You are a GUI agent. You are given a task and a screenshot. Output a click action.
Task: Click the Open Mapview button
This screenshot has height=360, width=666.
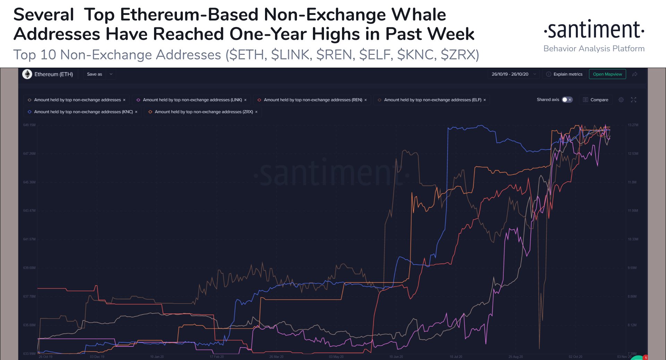(x=607, y=74)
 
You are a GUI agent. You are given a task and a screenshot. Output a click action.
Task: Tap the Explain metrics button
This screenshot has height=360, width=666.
(x=564, y=74)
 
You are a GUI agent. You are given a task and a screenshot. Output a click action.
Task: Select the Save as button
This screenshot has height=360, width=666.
(x=94, y=74)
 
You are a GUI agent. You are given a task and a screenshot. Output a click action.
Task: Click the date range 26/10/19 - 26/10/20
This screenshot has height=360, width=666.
(x=510, y=74)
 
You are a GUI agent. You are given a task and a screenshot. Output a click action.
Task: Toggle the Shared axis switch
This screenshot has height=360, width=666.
(x=567, y=100)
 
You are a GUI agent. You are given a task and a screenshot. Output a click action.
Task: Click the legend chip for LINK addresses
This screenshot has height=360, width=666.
(x=192, y=100)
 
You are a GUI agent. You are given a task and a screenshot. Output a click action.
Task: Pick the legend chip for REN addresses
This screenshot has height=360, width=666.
(x=312, y=100)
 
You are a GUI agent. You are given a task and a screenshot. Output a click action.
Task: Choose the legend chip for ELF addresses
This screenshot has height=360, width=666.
(x=432, y=100)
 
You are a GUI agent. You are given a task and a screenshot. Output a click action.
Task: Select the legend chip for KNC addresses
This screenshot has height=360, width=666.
(x=83, y=112)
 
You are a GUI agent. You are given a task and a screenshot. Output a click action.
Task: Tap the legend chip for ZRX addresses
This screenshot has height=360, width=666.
(x=203, y=112)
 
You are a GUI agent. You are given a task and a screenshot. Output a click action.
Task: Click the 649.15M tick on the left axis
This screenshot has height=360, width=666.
(x=29, y=125)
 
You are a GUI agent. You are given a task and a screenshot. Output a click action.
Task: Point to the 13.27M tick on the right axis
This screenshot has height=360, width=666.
(x=633, y=125)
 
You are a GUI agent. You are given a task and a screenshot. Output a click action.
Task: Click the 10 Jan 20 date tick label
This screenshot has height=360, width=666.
(x=157, y=357)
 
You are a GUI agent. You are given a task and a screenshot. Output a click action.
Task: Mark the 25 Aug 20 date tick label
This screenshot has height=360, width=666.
(x=515, y=357)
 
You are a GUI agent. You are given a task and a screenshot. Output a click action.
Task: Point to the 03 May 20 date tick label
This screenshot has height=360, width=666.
(x=336, y=357)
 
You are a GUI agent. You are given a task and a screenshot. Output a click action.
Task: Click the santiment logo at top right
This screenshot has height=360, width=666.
(x=594, y=30)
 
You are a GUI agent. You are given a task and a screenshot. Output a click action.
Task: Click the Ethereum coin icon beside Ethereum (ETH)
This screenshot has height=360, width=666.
(x=27, y=74)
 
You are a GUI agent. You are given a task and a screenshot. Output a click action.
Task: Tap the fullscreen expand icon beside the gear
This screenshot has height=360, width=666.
(x=633, y=100)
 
